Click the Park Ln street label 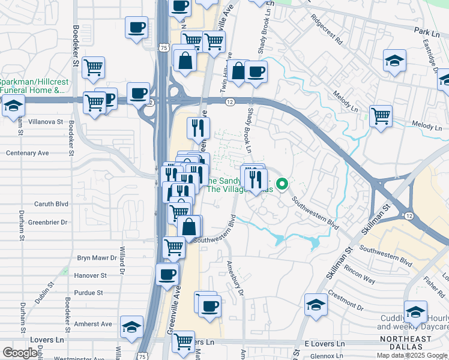click(x=423, y=29)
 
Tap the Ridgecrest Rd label click(x=326, y=32)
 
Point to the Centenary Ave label click(x=28, y=153)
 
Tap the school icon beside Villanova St click(x=13, y=106)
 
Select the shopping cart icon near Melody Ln click(x=381, y=116)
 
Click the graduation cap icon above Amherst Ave click(x=131, y=327)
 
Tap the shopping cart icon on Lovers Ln click(x=183, y=341)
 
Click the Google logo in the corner click(x=20, y=353)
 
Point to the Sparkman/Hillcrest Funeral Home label click(x=32, y=86)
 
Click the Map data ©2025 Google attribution click(x=412, y=355)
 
